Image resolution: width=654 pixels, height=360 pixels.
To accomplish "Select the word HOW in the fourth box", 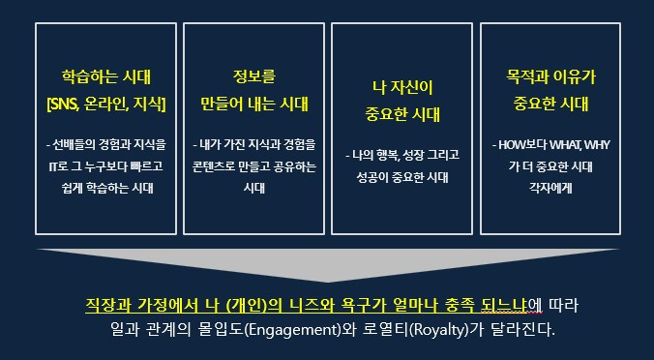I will (x=511, y=145).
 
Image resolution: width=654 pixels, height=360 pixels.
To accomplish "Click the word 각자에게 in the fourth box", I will (x=550, y=188).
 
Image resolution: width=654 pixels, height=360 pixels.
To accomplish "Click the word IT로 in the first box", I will (x=56, y=166).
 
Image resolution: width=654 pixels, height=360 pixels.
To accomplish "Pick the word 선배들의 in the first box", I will (x=75, y=145).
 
